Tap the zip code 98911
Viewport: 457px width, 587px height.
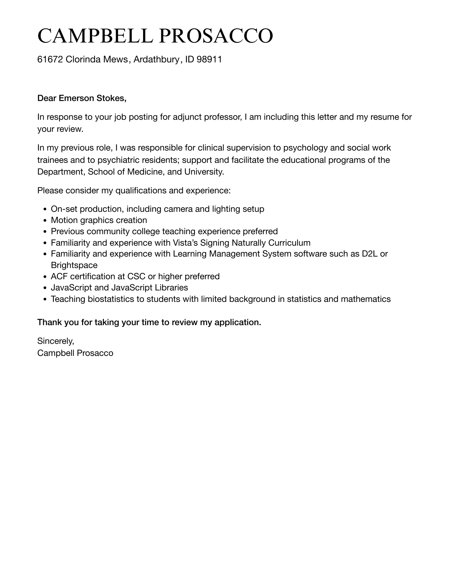click(209, 59)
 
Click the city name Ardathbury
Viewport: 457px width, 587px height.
click(156, 59)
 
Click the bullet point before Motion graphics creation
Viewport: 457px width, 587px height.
click(45, 220)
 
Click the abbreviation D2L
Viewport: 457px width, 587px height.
click(370, 254)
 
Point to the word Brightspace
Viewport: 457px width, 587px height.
click(74, 265)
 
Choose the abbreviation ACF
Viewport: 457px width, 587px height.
click(59, 276)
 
